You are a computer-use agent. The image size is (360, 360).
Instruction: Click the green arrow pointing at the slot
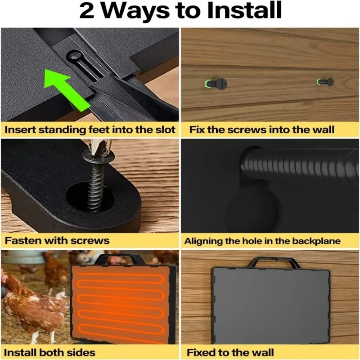[x=67, y=90]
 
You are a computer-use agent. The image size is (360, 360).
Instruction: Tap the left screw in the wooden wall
[x=216, y=84]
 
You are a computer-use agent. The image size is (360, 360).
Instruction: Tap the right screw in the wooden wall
[x=325, y=82]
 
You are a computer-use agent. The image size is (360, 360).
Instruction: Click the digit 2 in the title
[x=87, y=11]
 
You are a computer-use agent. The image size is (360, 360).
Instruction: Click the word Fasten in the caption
[x=23, y=241]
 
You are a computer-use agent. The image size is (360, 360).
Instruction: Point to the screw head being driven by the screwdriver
[x=99, y=157]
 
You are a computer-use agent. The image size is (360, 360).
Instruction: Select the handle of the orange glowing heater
[x=120, y=259]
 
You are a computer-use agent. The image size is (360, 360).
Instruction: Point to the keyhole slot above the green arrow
[x=85, y=65]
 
